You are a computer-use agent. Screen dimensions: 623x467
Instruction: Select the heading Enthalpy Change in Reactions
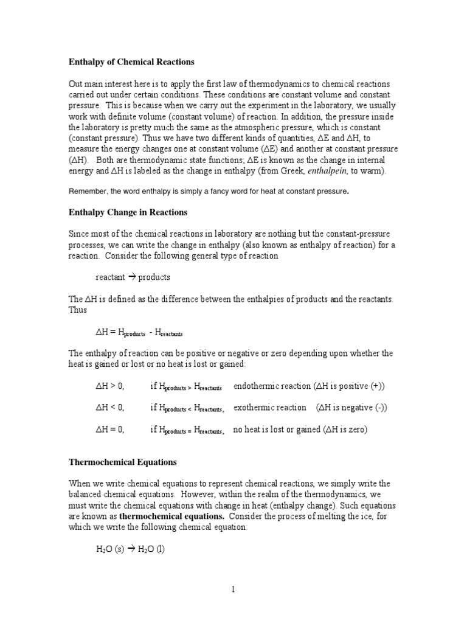pyautogui.click(x=128, y=212)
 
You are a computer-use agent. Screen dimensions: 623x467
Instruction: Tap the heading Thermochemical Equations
pyautogui.click(x=122, y=462)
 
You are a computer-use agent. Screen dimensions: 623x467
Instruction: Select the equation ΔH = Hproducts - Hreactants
pyautogui.click(x=139, y=333)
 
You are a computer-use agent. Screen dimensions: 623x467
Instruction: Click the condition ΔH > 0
pyautogui.click(x=110, y=386)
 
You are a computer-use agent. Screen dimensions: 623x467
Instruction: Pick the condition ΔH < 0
pyautogui.click(x=110, y=408)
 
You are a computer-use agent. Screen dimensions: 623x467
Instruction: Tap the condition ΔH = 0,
pyautogui.click(x=111, y=430)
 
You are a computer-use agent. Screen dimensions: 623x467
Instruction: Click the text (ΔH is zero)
pyautogui.click(x=345, y=430)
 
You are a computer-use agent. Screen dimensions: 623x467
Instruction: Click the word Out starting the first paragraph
pyautogui.click(x=75, y=84)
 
